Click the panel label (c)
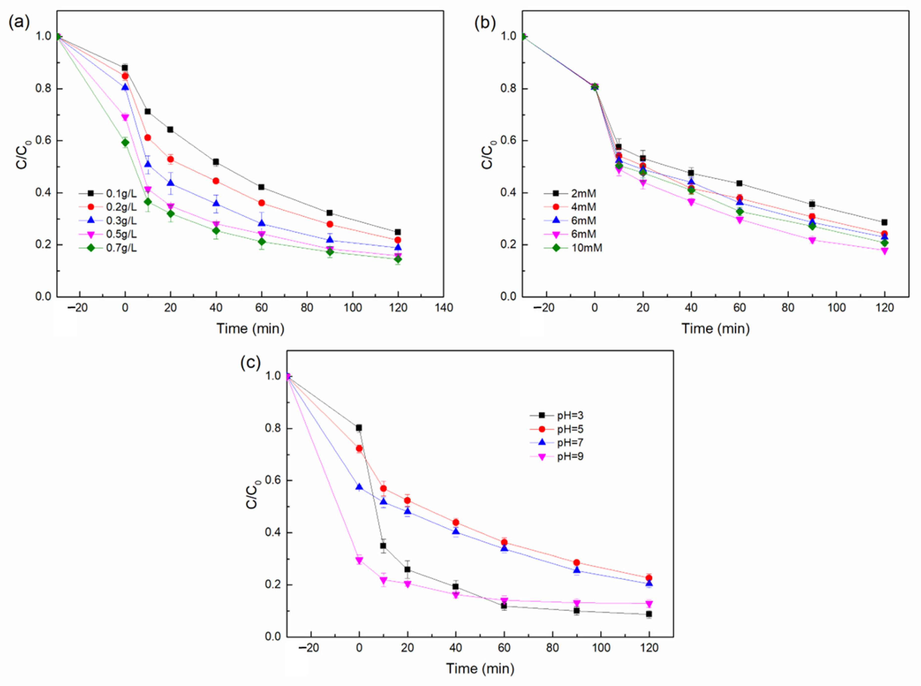pos(251,363)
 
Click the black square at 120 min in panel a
pos(398,232)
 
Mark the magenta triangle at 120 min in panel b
pos(884,251)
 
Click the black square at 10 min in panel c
pos(383,546)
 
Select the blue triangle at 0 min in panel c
pos(359,487)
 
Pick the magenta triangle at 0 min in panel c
pos(359,560)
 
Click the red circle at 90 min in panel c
pos(576,563)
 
